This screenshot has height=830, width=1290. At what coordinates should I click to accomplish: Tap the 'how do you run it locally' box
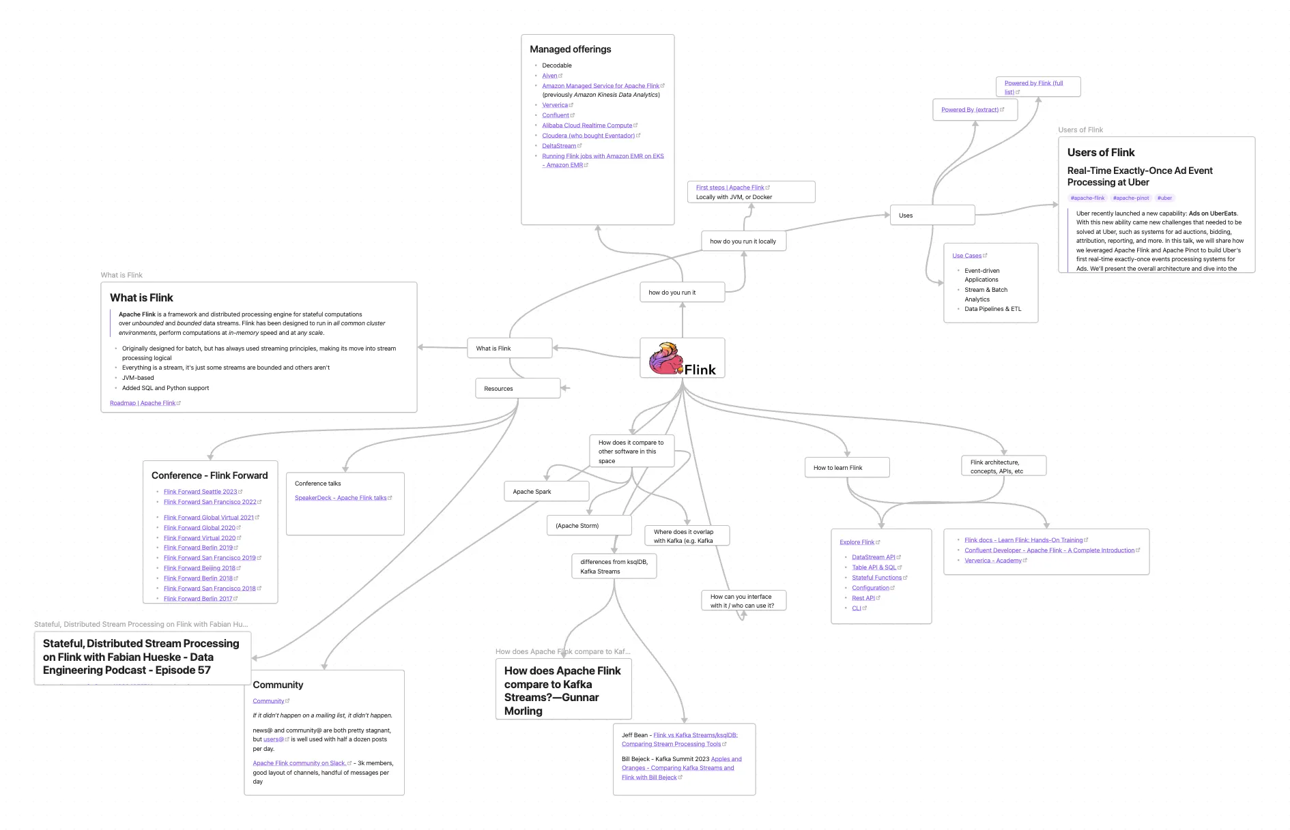pyautogui.click(x=743, y=241)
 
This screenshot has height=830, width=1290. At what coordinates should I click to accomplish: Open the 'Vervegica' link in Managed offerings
pyautogui.click(x=555, y=106)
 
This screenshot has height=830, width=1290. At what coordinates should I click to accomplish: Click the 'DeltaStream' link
pyautogui.click(x=559, y=146)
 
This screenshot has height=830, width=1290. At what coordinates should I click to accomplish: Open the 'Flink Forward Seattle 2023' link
pyautogui.click(x=201, y=492)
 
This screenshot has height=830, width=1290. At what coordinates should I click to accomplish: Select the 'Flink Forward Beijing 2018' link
pyautogui.click(x=199, y=568)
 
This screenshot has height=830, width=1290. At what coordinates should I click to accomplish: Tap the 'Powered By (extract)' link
pyautogui.click(x=970, y=110)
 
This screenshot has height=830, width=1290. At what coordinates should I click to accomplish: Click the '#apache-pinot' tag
pyautogui.click(x=1131, y=198)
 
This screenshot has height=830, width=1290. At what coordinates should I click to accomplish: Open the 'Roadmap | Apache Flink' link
pyautogui.click(x=143, y=403)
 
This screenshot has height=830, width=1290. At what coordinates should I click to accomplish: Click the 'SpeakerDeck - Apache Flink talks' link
pyautogui.click(x=341, y=498)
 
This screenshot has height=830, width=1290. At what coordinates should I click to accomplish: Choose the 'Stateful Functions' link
pyautogui.click(x=876, y=578)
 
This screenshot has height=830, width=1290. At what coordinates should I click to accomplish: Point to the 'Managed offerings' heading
pyautogui.click(x=571, y=49)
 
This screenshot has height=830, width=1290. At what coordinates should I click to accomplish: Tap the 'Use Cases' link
pyautogui.click(x=966, y=256)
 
